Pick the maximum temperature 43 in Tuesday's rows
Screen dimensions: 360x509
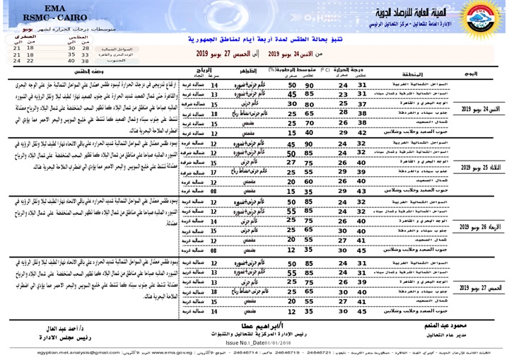pyautogui.click(x=363, y=190)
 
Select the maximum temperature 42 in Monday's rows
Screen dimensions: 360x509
pyautogui.click(x=363, y=132)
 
